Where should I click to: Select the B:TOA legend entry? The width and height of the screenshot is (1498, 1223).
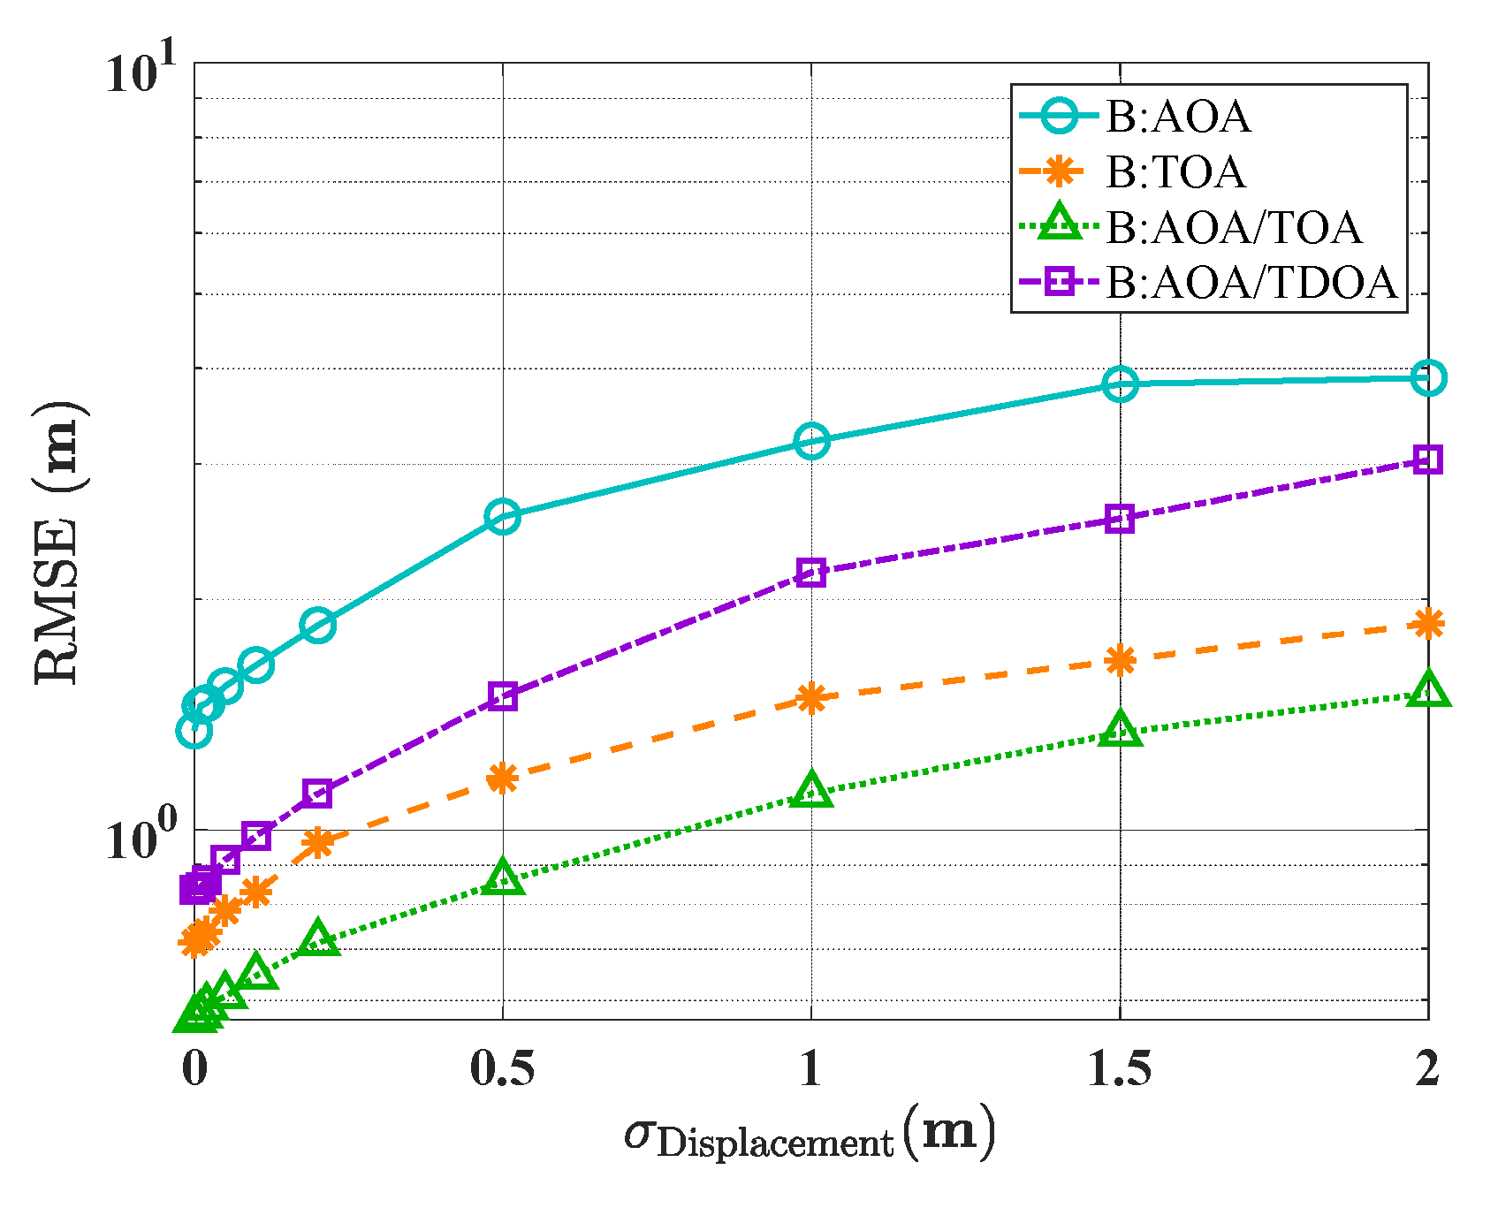(x=1175, y=172)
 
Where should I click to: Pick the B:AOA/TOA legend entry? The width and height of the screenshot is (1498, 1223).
(x=1233, y=227)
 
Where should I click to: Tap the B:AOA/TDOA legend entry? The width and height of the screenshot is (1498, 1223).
(x=1251, y=283)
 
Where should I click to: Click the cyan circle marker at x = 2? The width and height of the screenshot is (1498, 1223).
(x=1428, y=378)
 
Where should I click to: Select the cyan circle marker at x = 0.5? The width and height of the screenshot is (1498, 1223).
(x=503, y=516)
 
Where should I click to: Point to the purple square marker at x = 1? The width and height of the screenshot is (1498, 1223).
(x=811, y=573)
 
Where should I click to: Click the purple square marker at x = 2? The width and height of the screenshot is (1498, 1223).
(x=1428, y=460)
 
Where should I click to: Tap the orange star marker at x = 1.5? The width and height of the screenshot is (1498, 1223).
(x=1120, y=659)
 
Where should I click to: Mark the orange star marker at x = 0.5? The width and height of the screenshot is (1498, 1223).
(x=503, y=778)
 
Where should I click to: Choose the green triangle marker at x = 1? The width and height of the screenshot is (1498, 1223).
(x=811, y=790)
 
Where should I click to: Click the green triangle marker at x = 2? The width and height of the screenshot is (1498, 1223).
(x=1428, y=689)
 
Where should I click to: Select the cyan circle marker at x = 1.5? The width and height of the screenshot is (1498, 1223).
(x=1120, y=384)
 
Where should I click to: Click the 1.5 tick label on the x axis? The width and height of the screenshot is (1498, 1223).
(x=1120, y=1070)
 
